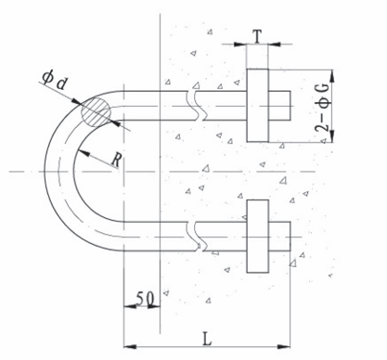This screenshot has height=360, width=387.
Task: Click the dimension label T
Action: (258, 36)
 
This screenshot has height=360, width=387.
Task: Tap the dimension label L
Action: (207, 339)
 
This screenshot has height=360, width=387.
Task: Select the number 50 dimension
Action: (145, 299)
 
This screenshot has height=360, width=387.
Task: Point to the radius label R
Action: (117, 161)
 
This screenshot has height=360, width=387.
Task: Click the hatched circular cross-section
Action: (96, 112)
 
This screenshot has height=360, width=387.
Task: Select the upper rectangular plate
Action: (257, 106)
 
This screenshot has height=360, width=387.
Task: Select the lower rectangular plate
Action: (257, 237)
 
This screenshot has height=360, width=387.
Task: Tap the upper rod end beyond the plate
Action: (279, 106)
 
